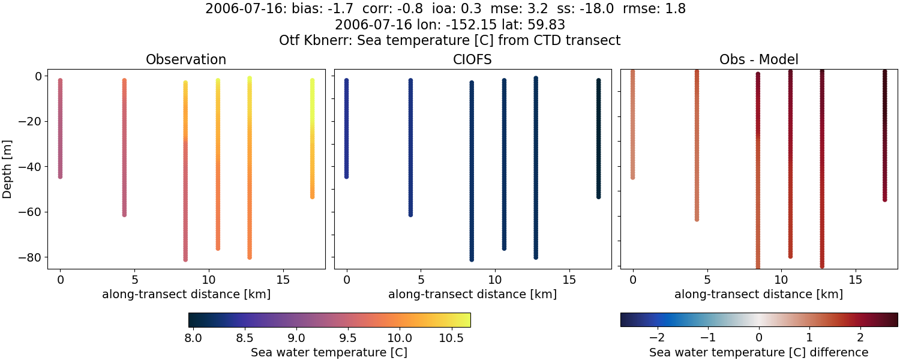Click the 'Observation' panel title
pyautogui.click(x=186, y=60)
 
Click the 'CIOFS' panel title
pyautogui.click(x=472, y=60)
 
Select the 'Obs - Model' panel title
pyautogui.click(x=758, y=60)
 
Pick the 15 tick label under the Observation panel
pyautogui.click(x=283, y=280)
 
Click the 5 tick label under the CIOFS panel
pyautogui.click(x=421, y=280)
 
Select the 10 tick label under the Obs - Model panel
pyautogui.click(x=781, y=280)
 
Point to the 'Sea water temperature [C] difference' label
pyautogui.click(x=758, y=353)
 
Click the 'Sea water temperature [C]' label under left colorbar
pyautogui.click(x=329, y=353)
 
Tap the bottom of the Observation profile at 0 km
pyautogui.click(x=60, y=176)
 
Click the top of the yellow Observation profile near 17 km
pyautogui.click(x=312, y=80)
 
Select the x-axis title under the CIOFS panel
pyautogui.click(x=472, y=295)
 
